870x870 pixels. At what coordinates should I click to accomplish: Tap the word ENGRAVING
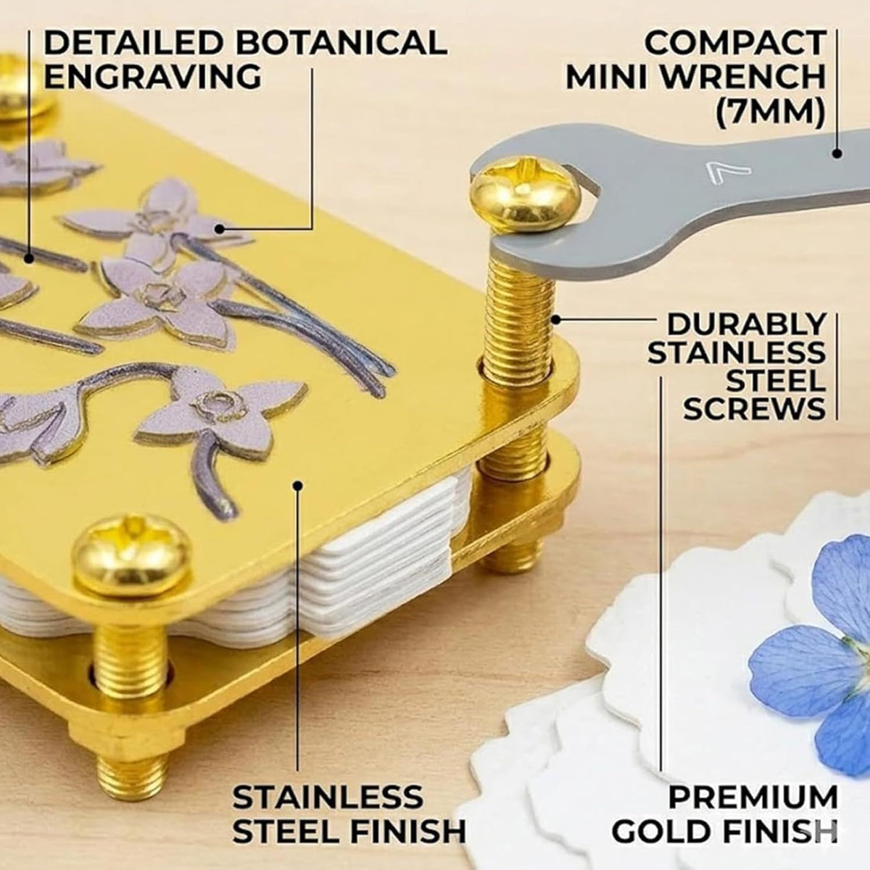coord(152,77)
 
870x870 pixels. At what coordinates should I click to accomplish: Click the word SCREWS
coord(755,408)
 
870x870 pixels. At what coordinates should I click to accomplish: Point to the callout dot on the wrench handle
coord(837,154)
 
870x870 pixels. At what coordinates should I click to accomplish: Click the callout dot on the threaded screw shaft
coord(556,320)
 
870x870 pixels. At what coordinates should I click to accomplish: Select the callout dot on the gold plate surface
coord(297,485)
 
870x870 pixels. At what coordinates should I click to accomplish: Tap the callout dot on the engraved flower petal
coord(219,229)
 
